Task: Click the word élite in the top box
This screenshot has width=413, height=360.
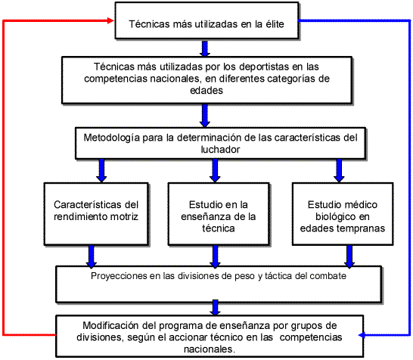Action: point(275,24)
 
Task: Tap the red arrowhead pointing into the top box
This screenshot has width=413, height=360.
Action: point(111,20)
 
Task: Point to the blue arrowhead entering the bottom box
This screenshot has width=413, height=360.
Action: point(362,335)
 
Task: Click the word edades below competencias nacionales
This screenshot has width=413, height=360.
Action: point(206,90)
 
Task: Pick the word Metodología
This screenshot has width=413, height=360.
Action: point(111,138)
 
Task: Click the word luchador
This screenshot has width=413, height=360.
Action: point(220,149)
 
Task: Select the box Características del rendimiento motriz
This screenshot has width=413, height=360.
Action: point(96,214)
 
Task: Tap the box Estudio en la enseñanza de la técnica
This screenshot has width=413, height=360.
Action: point(219,214)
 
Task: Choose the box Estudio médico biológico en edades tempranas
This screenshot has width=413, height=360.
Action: point(343,214)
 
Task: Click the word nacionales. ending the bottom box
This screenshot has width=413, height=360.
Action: point(210,349)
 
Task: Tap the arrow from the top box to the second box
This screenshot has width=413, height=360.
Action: point(205,48)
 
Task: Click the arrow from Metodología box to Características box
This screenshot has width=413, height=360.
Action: point(101,171)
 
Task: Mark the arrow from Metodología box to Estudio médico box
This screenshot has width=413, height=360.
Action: point(339,171)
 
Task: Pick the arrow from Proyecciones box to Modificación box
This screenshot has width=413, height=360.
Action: point(215,308)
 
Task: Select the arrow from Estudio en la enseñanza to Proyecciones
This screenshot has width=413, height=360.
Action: point(215,256)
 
